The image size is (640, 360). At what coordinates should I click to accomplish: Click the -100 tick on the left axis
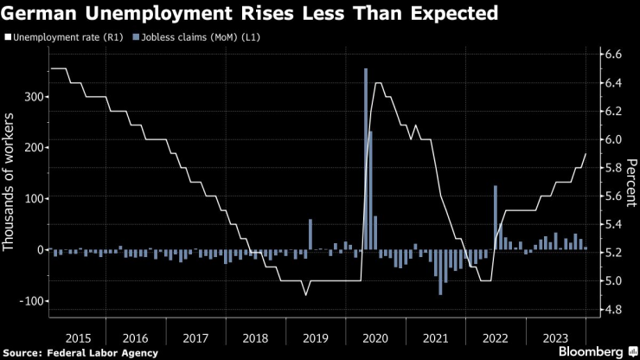(29, 300)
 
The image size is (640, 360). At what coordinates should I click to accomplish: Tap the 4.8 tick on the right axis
(612, 309)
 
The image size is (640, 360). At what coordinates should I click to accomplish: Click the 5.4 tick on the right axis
(612, 224)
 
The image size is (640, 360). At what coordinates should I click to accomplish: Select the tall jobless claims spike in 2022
(496, 217)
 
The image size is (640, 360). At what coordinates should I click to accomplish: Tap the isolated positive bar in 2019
(310, 234)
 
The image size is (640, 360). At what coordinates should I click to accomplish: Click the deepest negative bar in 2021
(440, 272)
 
